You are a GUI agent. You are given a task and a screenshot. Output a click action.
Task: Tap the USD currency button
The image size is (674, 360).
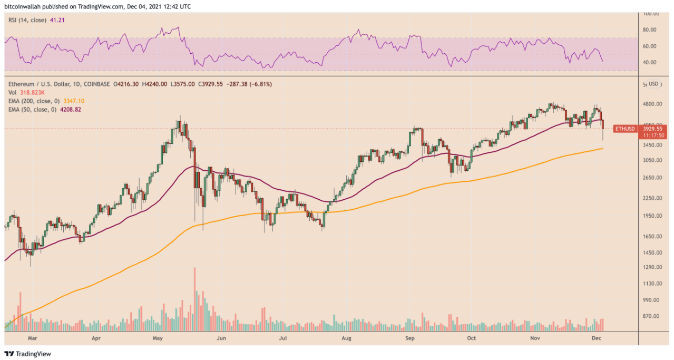point(653,84)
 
